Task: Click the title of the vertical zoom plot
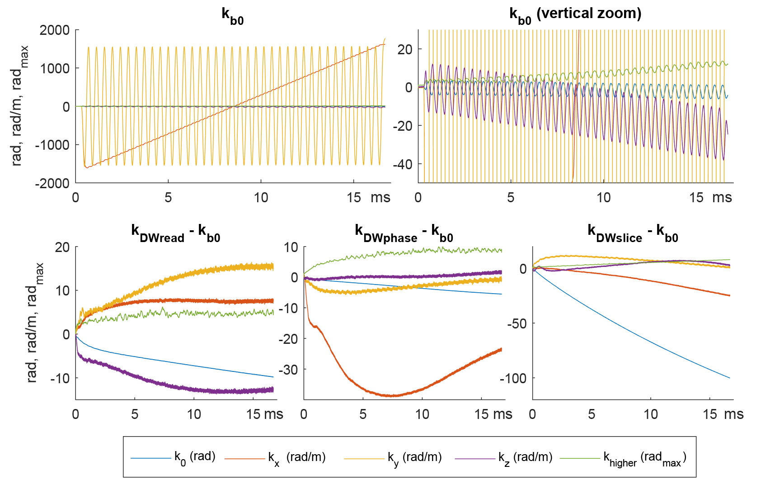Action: (575, 14)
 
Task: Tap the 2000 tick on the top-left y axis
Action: (55, 30)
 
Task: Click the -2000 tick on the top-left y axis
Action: (52, 183)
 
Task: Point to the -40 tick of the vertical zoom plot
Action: (402, 164)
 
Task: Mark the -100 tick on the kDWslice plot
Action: (513, 378)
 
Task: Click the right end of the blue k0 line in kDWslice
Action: (729, 378)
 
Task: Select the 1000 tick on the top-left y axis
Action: (55, 68)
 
